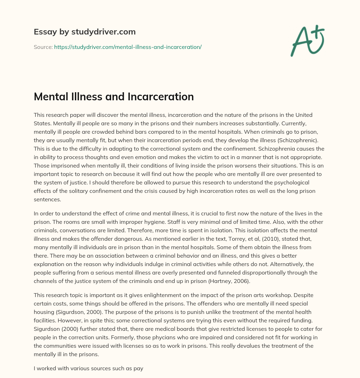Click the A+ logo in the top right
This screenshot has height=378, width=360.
[x=307, y=40]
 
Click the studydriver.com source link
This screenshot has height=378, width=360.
[x=128, y=47]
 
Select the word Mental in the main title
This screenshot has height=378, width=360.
[x=50, y=96]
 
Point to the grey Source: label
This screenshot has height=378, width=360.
[x=43, y=47]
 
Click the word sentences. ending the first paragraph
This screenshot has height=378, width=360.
[x=47, y=200]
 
